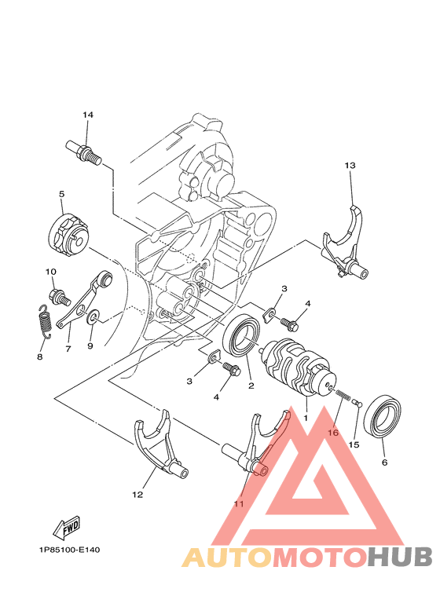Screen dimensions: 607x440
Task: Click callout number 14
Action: pos(88,115)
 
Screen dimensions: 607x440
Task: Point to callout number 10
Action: pos(51,272)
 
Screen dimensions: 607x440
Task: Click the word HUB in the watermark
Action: pos(399,557)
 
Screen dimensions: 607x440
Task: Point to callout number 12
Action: pos(137,495)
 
